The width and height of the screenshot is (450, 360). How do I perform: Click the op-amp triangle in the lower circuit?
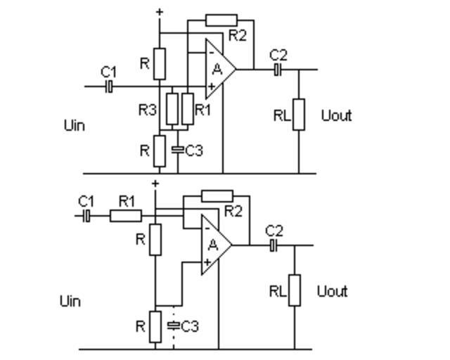coord(214,245)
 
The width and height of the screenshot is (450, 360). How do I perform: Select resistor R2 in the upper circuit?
coord(221,20)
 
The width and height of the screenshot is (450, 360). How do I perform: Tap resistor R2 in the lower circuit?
coord(217,195)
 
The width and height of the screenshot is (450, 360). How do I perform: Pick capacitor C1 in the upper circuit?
coord(109,86)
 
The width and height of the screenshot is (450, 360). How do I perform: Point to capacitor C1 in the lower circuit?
coord(86,216)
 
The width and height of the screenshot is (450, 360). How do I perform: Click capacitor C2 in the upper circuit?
coord(278,70)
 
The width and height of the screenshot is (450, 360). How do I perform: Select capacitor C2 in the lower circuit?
coord(274,245)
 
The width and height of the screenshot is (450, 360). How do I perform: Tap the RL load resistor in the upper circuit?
coord(299,115)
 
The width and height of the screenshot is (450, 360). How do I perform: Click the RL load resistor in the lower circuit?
coord(294,290)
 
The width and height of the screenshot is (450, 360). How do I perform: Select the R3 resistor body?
coord(171,108)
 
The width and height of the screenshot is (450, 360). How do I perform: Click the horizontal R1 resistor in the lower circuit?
coord(126,216)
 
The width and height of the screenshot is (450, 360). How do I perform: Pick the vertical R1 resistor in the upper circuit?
coord(187,108)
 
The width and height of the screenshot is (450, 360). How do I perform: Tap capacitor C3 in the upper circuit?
coord(177,149)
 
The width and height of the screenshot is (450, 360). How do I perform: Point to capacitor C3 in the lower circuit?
coord(173,325)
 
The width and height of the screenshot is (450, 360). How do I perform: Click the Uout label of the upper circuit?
coord(336,115)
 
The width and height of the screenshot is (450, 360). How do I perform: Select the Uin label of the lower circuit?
coord(70,301)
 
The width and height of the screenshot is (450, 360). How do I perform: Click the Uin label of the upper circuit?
coord(74,125)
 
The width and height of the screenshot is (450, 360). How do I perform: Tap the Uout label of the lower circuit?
coord(332,291)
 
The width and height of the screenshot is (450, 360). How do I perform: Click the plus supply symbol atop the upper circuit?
coord(160,12)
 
